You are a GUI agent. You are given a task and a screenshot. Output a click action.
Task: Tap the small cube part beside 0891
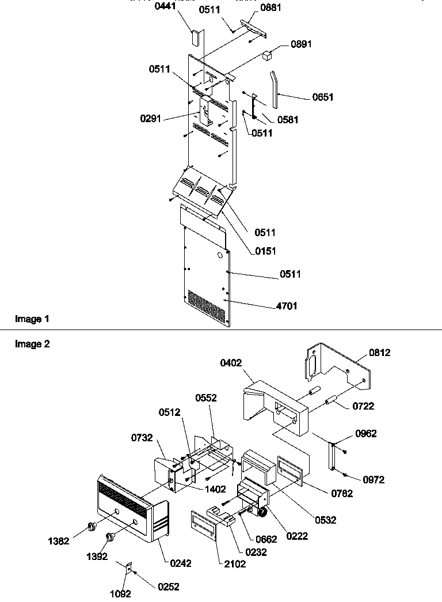tap(267, 55)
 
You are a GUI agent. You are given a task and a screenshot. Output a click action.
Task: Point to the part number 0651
tap(323, 97)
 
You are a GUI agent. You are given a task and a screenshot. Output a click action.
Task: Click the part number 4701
tap(287, 306)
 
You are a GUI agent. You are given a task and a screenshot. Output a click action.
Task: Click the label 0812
tap(379, 353)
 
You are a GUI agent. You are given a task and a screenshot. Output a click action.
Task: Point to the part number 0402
tap(231, 363)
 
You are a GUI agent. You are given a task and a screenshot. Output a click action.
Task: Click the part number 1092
tap(121, 594)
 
